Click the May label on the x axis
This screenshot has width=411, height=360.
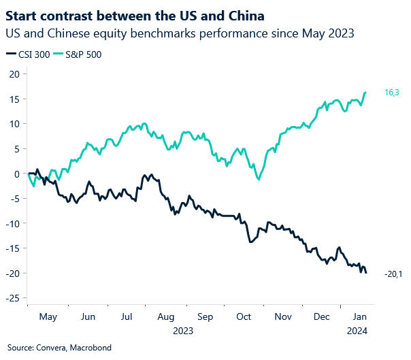tap(48, 316)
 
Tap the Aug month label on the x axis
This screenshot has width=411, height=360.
tap(165, 316)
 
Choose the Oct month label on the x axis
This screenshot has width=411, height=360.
tap(244, 316)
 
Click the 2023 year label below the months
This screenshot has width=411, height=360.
tap(184, 331)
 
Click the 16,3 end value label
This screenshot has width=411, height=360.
tap(391, 92)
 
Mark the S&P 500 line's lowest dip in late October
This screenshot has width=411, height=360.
tap(258, 179)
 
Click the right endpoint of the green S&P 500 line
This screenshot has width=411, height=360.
tap(366, 93)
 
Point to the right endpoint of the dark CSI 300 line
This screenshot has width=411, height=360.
tap(366, 273)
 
